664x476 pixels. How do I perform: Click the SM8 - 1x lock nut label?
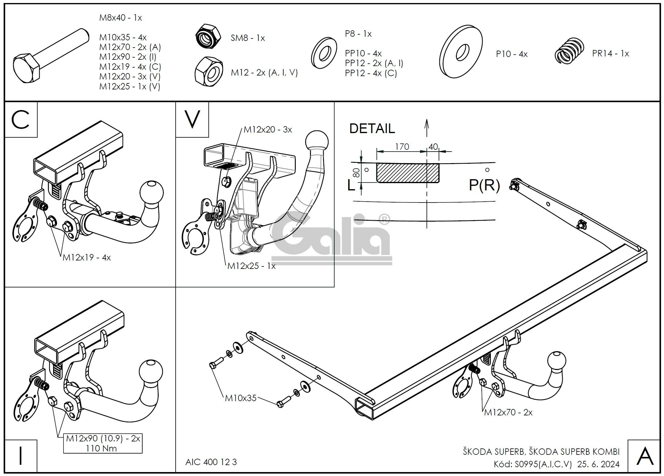[248, 38]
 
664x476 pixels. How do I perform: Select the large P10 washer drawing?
[461, 52]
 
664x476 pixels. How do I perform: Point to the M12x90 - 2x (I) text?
[128, 57]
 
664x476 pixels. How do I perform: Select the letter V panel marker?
[192, 119]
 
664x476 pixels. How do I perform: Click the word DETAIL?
[372, 129]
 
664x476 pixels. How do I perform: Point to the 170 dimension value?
[402, 147]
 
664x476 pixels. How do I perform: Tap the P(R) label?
[484, 185]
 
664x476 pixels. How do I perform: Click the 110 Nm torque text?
[101, 448]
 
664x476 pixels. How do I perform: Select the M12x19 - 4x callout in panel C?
[87, 258]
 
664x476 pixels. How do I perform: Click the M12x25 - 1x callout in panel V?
[251, 266]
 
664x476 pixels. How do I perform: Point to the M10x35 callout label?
[241, 398]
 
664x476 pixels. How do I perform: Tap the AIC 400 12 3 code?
[211, 462]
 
